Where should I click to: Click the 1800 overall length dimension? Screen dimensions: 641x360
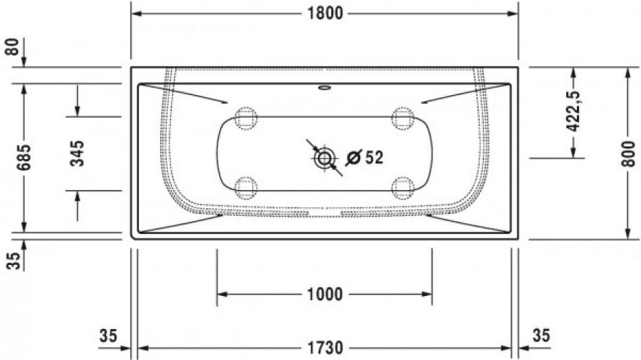(x=325, y=14)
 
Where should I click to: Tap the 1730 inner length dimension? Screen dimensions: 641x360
(x=325, y=348)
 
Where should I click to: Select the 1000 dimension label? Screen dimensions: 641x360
(x=325, y=294)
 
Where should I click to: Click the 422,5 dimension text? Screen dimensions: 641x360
(x=574, y=111)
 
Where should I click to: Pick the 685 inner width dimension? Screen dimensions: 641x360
(x=24, y=158)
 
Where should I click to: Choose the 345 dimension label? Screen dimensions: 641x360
(x=77, y=153)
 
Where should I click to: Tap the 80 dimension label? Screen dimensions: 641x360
(x=14, y=47)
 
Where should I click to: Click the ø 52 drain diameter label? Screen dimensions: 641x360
(x=364, y=158)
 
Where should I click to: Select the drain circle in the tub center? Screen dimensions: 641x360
(x=324, y=158)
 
